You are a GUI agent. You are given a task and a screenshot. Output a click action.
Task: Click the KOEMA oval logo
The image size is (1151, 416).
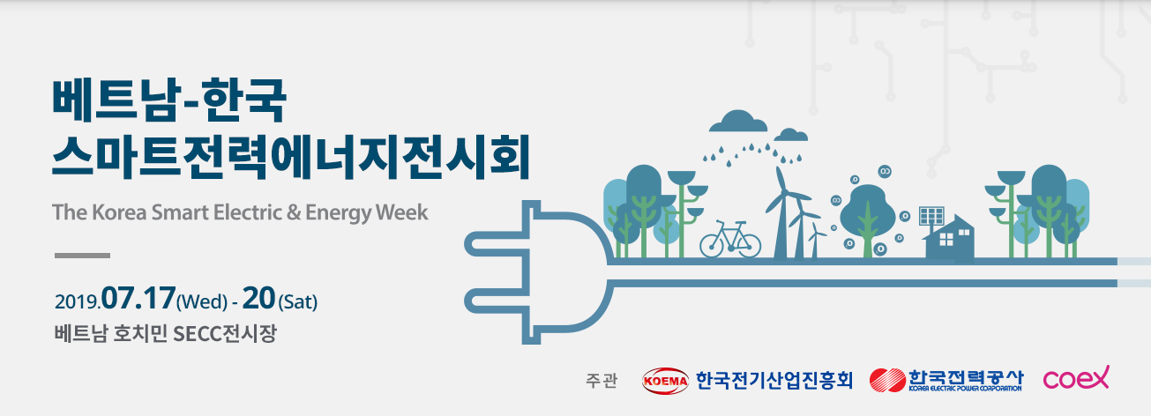pos(665,381)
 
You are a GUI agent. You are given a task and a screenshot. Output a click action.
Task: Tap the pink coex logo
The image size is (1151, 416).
pos(1076,378)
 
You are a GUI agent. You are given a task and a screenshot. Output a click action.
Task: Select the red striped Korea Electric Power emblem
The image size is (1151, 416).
pos(887,381)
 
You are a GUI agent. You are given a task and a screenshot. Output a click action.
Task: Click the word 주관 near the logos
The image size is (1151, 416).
pos(602,381)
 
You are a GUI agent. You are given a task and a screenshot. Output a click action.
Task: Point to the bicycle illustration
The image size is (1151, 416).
pos(730,240)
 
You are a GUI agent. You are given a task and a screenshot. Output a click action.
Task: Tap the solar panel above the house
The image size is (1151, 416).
pos(931,215)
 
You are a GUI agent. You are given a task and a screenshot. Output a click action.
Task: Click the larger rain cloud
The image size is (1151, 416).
pos(738,122)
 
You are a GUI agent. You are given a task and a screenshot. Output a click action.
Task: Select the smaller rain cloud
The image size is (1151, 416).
pos(791,135)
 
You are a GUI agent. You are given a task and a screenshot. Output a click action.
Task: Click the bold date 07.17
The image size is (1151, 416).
pos(138,298)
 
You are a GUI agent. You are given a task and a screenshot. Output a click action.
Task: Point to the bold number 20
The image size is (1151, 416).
pos(258,298)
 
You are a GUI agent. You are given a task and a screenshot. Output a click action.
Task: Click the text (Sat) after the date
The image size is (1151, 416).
pos(297,301)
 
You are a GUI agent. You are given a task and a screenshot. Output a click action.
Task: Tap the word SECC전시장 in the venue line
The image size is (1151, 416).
pos(225,334)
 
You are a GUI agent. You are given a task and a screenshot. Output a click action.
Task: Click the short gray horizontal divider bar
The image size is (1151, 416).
pos(82,256)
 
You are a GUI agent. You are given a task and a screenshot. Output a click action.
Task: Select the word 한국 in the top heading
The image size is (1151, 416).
pos(244,100)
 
